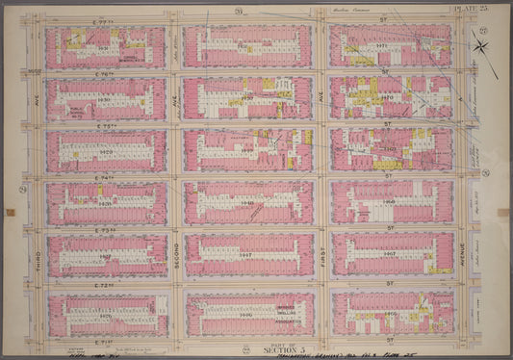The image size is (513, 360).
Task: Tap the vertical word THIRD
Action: tap(37, 257)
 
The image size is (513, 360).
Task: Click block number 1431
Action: tap(99, 45)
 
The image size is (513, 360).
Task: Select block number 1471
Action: tap(383, 44)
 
